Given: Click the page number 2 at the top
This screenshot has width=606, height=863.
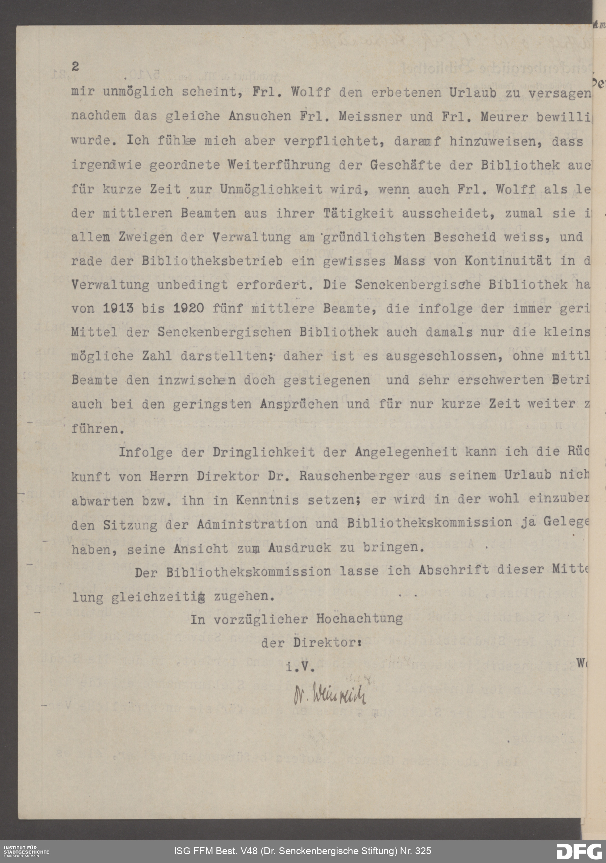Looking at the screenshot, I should (75, 67).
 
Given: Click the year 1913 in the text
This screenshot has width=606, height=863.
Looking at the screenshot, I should (118, 308).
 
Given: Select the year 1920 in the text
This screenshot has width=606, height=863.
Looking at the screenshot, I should (189, 308).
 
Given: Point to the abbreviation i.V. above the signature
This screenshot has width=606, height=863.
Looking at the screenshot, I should (300, 667).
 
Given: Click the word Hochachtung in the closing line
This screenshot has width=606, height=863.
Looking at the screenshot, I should (359, 619).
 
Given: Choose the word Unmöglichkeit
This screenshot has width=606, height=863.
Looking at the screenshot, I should (271, 189).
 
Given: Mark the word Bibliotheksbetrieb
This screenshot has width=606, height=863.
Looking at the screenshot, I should (212, 261).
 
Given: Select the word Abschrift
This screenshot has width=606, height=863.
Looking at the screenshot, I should (454, 571).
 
